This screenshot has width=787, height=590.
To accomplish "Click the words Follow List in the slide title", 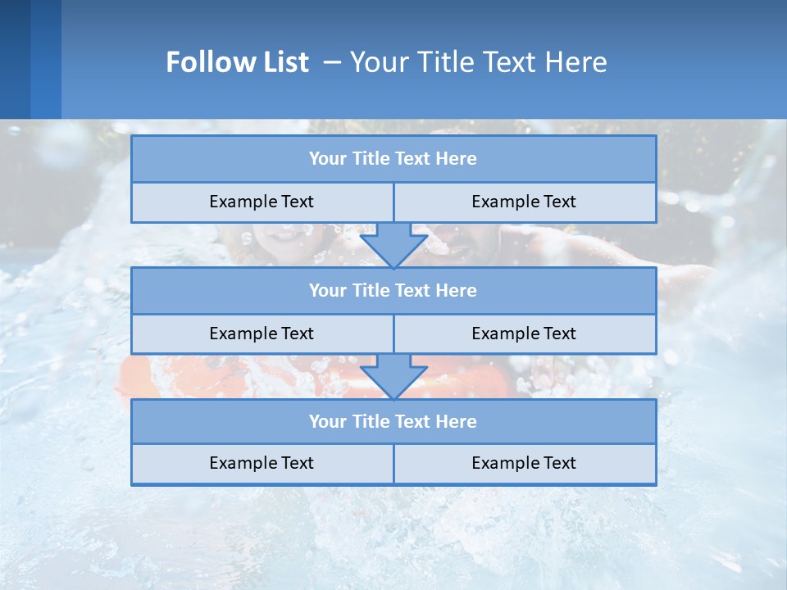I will [x=237, y=62].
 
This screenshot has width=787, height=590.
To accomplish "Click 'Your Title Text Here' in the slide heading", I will [x=478, y=62].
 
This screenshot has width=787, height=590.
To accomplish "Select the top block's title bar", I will [x=393, y=159].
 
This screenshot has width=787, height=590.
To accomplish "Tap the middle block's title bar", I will [x=393, y=290].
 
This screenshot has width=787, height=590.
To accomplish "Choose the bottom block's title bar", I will [x=393, y=421].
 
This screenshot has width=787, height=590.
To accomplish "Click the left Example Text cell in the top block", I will [x=262, y=202].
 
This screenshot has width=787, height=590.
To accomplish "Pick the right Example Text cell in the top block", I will [x=524, y=202].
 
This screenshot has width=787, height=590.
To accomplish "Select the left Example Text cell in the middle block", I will [x=262, y=334].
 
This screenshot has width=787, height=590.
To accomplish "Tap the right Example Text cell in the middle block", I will [x=524, y=334].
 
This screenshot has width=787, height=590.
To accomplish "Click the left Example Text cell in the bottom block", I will [x=262, y=463].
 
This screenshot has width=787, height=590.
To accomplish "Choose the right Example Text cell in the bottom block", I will [x=524, y=463].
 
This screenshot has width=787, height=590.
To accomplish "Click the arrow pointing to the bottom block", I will [x=393, y=376].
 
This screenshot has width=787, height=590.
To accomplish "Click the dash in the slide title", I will [x=332, y=62].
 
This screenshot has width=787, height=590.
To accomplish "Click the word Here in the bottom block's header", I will [x=456, y=421].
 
